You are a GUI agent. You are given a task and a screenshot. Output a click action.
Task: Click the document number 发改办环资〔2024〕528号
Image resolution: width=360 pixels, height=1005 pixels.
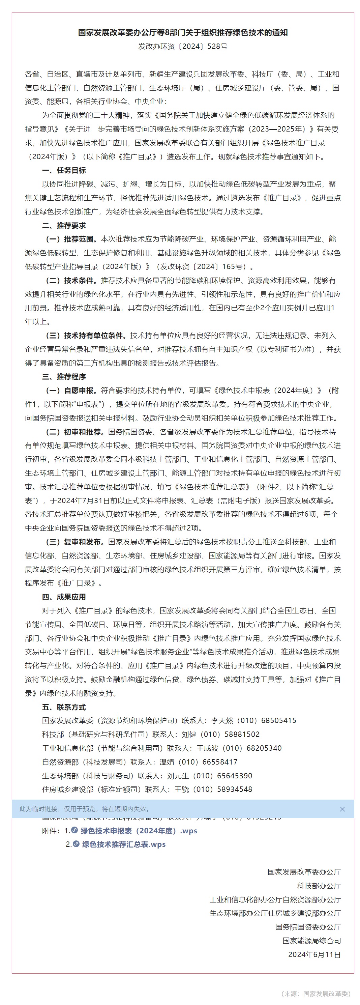click(x=183, y=47)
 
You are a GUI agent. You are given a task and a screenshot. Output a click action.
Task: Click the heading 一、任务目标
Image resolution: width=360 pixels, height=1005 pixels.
click(x=64, y=171)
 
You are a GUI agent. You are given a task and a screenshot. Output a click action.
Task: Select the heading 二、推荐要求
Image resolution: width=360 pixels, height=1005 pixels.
click(x=64, y=226)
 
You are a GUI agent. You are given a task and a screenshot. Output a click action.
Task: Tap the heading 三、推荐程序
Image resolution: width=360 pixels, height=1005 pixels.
click(x=64, y=377)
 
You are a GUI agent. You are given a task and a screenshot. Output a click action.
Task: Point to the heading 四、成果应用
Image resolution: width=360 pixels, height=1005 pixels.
click(x=64, y=597)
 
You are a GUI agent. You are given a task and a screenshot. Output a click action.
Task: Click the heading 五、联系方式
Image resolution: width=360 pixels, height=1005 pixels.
click(x=64, y=707)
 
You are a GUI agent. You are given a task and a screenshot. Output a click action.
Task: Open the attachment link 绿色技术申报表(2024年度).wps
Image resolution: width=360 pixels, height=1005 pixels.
click(x=139, y=831)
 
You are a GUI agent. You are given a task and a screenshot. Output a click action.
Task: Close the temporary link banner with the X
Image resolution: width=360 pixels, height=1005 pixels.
click(x=342, y=809)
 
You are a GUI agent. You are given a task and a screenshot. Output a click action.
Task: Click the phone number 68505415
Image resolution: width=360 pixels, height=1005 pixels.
click(x=278, y=721)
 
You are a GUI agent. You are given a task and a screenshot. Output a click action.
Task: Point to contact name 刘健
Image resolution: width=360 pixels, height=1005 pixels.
click(x=189, y=734)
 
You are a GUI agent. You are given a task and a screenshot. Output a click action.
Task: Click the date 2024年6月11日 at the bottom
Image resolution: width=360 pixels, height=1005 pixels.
click(x=314, y=954)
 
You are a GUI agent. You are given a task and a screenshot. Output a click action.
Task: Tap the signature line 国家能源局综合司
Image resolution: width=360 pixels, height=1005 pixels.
click(x=312, y=941)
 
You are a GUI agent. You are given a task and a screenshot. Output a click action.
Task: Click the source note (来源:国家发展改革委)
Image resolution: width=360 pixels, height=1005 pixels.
click(x=316, y=993)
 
